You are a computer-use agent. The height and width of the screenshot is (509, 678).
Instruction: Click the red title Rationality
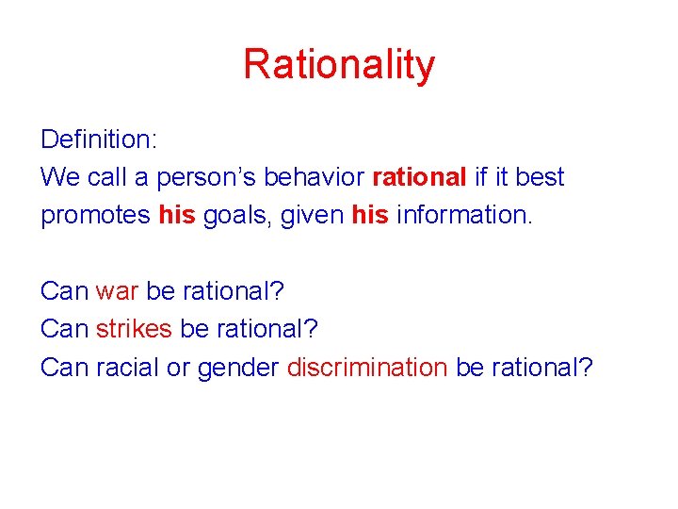[339, 64]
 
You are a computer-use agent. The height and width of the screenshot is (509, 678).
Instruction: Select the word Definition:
[99, 140]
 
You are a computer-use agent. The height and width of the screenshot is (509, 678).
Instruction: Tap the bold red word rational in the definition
[420, 177]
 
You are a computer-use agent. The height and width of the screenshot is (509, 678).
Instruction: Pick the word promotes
[95, 216]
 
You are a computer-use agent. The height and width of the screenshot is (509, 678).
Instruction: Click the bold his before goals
[177, 215]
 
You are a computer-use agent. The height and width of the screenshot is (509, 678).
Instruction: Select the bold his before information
[369, 215]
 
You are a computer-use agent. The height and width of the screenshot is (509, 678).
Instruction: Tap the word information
[464, 215]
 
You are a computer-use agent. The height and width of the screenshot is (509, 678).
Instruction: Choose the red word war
[117, 291]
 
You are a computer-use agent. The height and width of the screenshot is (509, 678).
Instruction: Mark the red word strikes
[134, 329]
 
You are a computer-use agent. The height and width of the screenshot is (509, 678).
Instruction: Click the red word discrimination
[367, 367]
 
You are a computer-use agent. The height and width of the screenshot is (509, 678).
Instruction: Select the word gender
[237, 368]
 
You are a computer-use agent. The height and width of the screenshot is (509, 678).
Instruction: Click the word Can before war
[64, 291]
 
